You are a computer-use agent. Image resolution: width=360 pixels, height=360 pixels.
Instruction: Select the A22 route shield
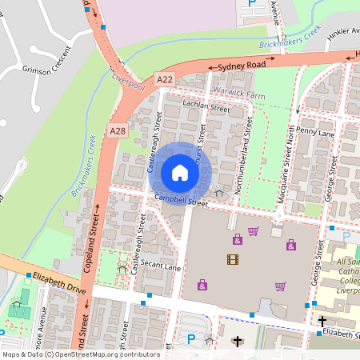click(x=165, y=78)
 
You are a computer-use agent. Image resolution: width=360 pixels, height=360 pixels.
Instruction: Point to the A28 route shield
click(x=118, y=130)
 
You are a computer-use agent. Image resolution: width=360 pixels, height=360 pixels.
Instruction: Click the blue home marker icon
click(x=180, y=173)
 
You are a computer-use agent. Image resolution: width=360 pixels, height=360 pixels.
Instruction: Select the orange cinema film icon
click(x=232, y=258)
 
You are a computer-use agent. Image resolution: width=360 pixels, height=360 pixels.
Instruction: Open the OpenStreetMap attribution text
click(x=80, y=354)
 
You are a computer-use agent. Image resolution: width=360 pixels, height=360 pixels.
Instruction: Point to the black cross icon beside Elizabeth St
click(x=322, y=322)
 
